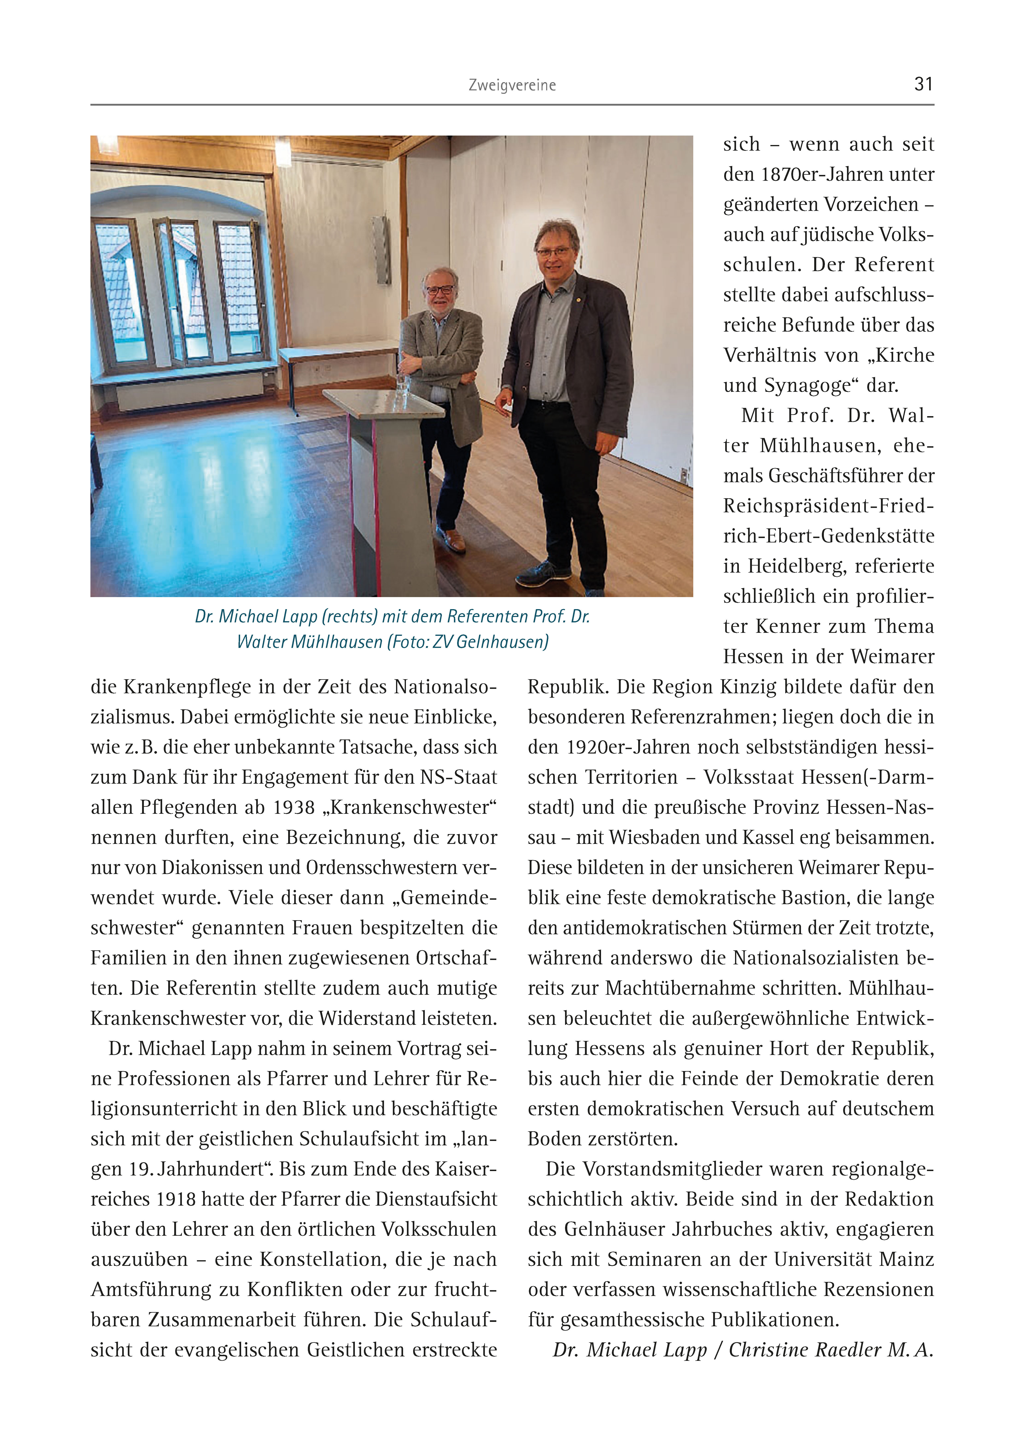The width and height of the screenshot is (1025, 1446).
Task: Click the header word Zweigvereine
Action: tap(512, 85)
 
